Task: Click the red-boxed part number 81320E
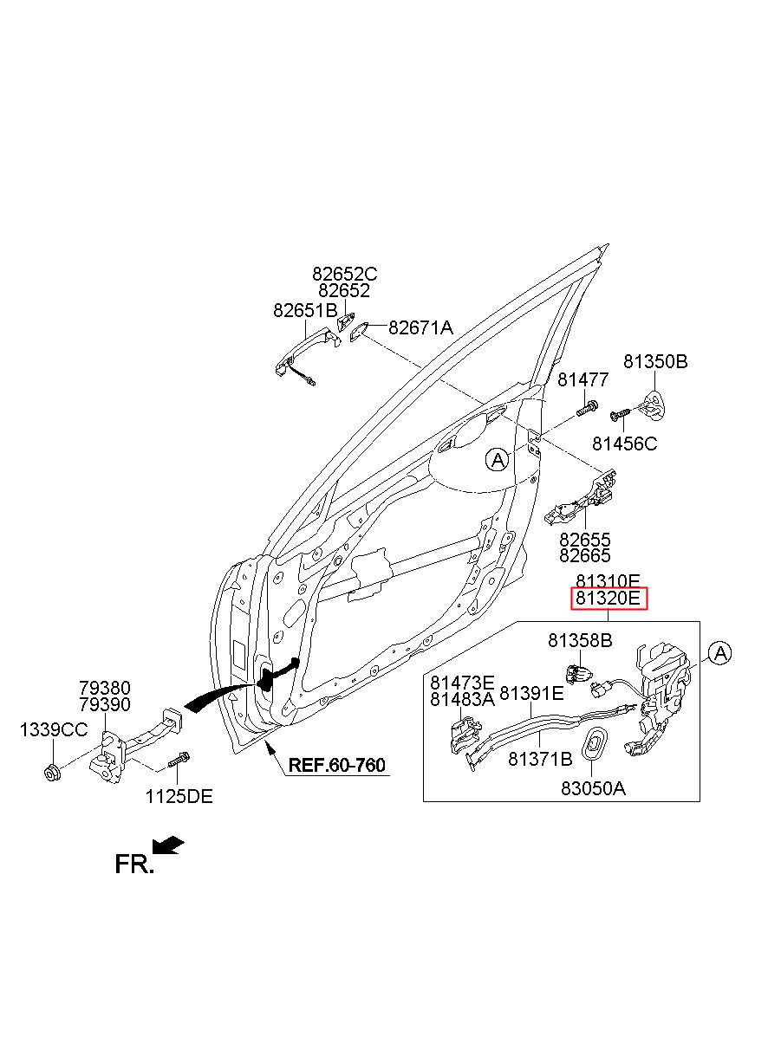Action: coord(608,599)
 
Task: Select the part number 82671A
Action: coord(420,327)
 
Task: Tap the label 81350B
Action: coord(655,361)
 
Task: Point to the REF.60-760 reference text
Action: coord(337,765)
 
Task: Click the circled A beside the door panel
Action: coord(498,459)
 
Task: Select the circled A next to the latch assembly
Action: coord(719,653)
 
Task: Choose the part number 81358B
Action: coord(580,641)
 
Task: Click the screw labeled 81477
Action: coord(589,408)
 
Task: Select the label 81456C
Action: coord(625,444)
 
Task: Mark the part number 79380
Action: coord(105,688)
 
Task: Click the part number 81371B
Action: coord(540,759)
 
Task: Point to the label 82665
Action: coord(585,556)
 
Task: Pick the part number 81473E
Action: coord(463,683)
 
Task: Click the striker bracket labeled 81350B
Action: coord(654,405)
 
